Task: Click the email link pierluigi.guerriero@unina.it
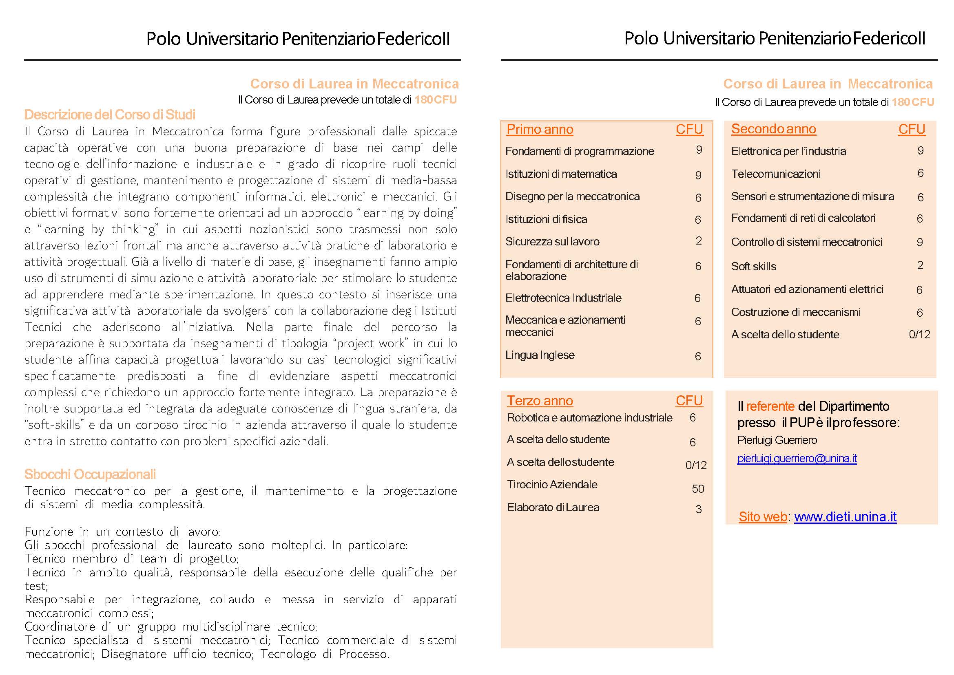[797, 459]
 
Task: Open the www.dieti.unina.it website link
[845, 516]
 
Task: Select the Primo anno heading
[539, 130]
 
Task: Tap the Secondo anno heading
[773, 129]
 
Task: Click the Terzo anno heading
[539, 401]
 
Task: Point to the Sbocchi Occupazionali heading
[90, 474]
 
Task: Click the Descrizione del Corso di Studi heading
[109, 115]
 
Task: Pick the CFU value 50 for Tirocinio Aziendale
[698, 489]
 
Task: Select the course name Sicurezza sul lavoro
[552, 241]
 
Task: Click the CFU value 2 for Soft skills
[920, 265]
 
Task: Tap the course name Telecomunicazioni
[776, 174]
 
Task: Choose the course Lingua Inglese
[540, 355]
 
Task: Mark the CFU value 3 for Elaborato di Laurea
[699, 509]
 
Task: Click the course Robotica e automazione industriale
[589, 418]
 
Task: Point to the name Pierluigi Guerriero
[777, 440]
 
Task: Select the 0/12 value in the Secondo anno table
[919, 335]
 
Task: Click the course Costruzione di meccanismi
[796, 312]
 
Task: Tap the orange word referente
[770, 406]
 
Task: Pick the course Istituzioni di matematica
[561, 174]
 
